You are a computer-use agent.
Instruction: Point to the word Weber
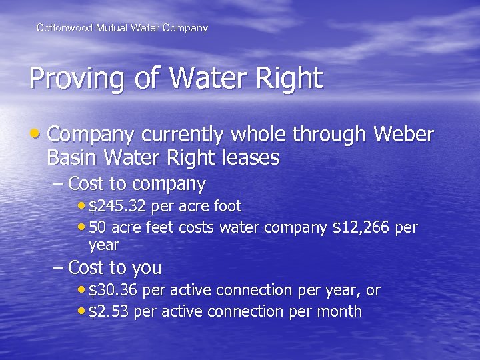coord(403,135)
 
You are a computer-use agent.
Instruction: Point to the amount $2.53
coord(109,311)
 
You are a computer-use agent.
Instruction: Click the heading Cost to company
coord(137,183)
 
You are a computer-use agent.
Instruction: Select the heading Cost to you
coord(115,268)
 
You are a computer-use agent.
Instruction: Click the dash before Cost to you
coord(58,268)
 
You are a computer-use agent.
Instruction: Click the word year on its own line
coord(103,245)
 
